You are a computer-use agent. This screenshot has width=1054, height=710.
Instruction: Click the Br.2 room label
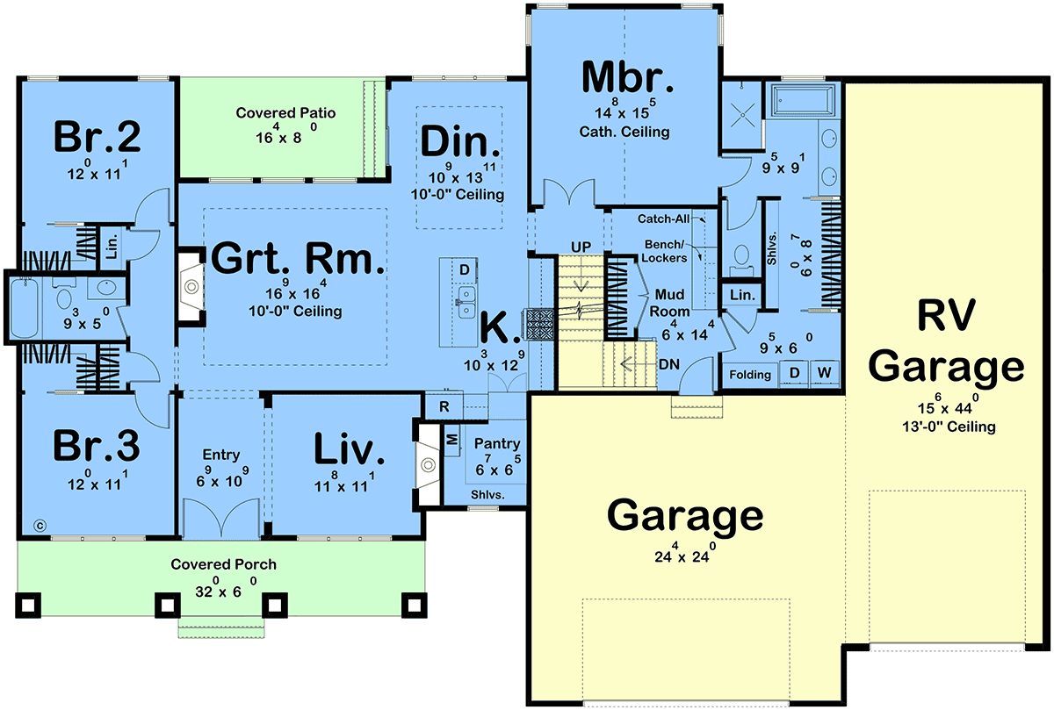pos(97,136)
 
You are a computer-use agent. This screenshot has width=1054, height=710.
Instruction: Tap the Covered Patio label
pos(285,113)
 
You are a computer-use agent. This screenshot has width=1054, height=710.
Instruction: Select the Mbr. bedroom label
pos(627,77)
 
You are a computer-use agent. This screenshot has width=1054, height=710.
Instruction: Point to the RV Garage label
pos(946,341)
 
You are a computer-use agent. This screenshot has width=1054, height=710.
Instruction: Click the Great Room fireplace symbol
pos(191,286)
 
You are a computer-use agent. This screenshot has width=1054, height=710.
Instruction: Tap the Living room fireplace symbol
pos(428,464)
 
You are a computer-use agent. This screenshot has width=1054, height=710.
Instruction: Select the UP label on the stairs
pos(581,247)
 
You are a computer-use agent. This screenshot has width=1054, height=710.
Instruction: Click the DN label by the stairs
pos(668,364)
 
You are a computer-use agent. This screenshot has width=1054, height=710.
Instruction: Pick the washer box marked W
pos(824,373)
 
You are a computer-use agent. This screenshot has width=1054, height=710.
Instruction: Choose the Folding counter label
pos(750,375)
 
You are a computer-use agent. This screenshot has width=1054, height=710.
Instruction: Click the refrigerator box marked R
pos(444,406)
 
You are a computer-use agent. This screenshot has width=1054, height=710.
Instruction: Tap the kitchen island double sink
pos(466,302)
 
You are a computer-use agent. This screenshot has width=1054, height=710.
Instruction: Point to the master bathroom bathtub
pos(803,100)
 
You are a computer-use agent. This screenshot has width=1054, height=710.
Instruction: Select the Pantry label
pos(497,443)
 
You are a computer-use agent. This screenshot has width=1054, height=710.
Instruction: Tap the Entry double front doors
pos(220,518)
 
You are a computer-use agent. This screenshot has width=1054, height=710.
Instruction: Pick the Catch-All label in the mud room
pos(663,219)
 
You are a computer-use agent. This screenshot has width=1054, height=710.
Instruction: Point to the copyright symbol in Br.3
pos(40,526)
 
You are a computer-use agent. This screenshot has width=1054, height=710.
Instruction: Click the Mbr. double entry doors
pos(569,192)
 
